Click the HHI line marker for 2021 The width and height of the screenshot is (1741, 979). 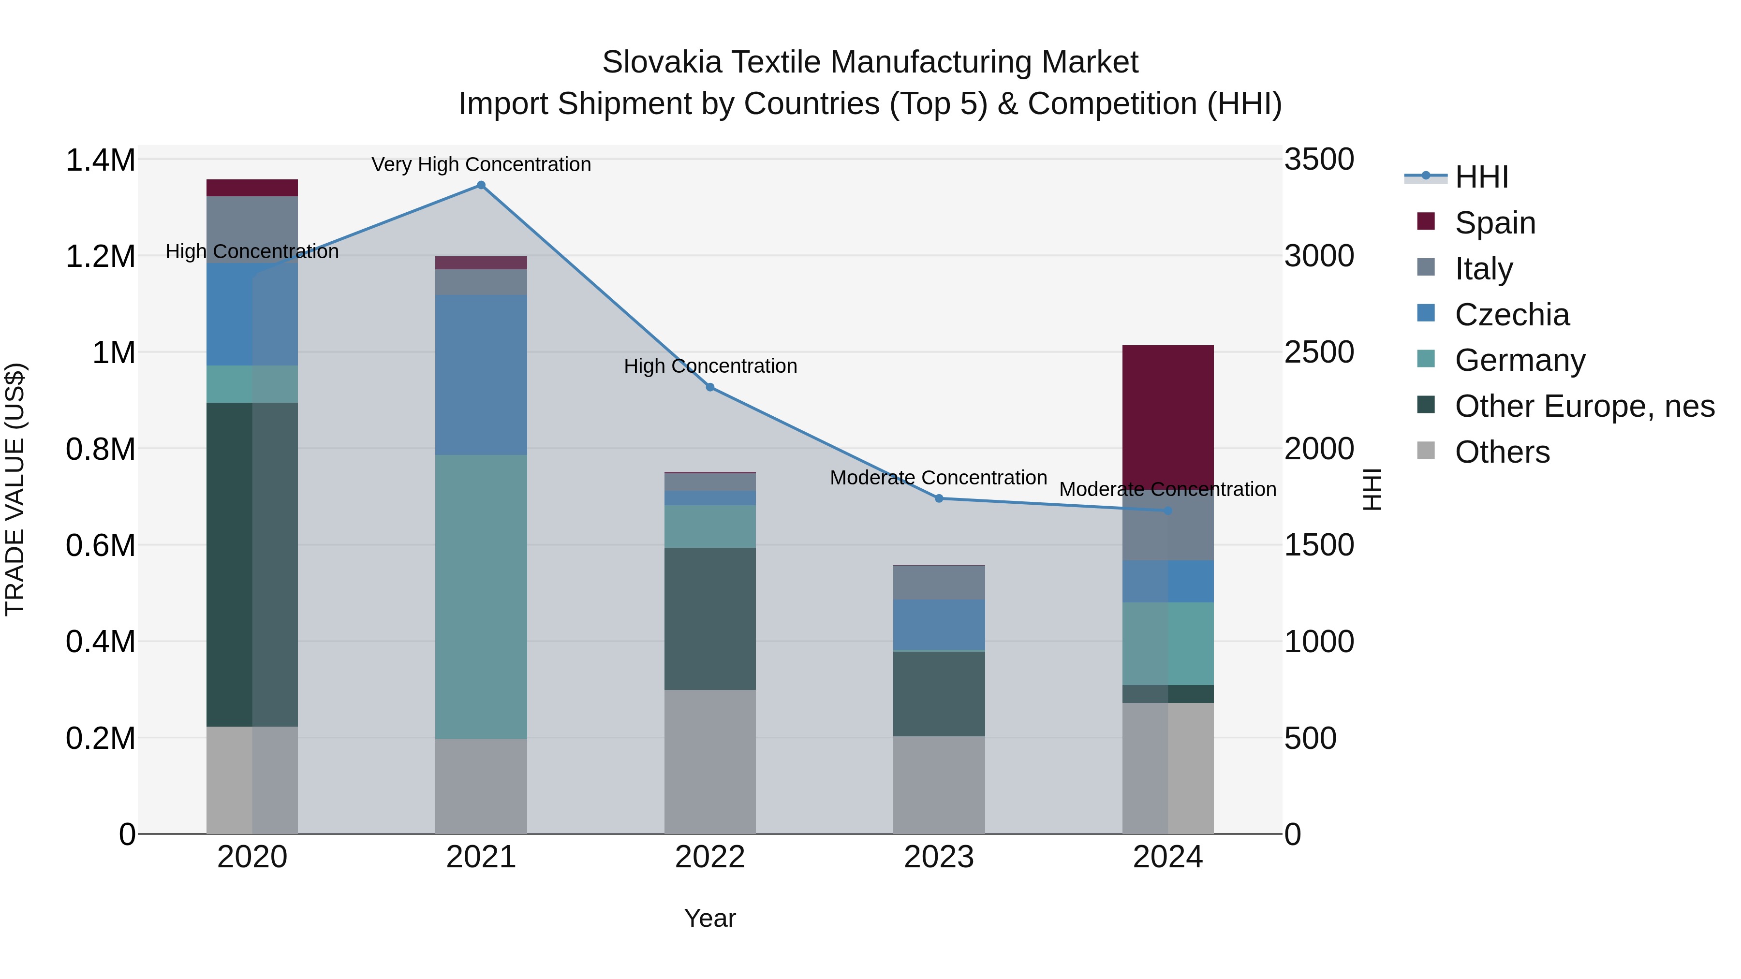481,185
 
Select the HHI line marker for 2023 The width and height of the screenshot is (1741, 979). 939,498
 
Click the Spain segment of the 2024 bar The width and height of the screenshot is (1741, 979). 1168,412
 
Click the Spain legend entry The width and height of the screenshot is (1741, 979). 1495,223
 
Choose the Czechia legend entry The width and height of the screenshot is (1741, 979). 1512,315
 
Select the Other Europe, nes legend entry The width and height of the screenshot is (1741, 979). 1584,407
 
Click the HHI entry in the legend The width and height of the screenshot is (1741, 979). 1481,177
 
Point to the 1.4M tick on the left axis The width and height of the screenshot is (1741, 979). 101,161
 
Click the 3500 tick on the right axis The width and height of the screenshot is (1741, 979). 1319,160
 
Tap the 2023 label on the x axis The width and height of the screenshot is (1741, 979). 939,857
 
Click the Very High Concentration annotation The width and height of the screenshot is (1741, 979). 481,164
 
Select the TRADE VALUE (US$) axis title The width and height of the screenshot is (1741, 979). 15,489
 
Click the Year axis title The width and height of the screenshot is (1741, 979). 709,918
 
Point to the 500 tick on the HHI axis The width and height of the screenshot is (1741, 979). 1310,738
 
